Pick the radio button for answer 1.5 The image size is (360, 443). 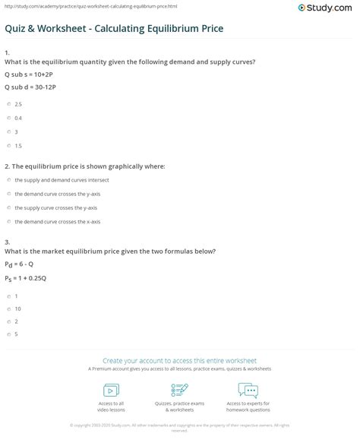point(8,144)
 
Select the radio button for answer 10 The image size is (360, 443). point(8,309)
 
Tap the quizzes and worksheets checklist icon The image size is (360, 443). point(179,391)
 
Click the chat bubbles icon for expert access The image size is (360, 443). point(248,391)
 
